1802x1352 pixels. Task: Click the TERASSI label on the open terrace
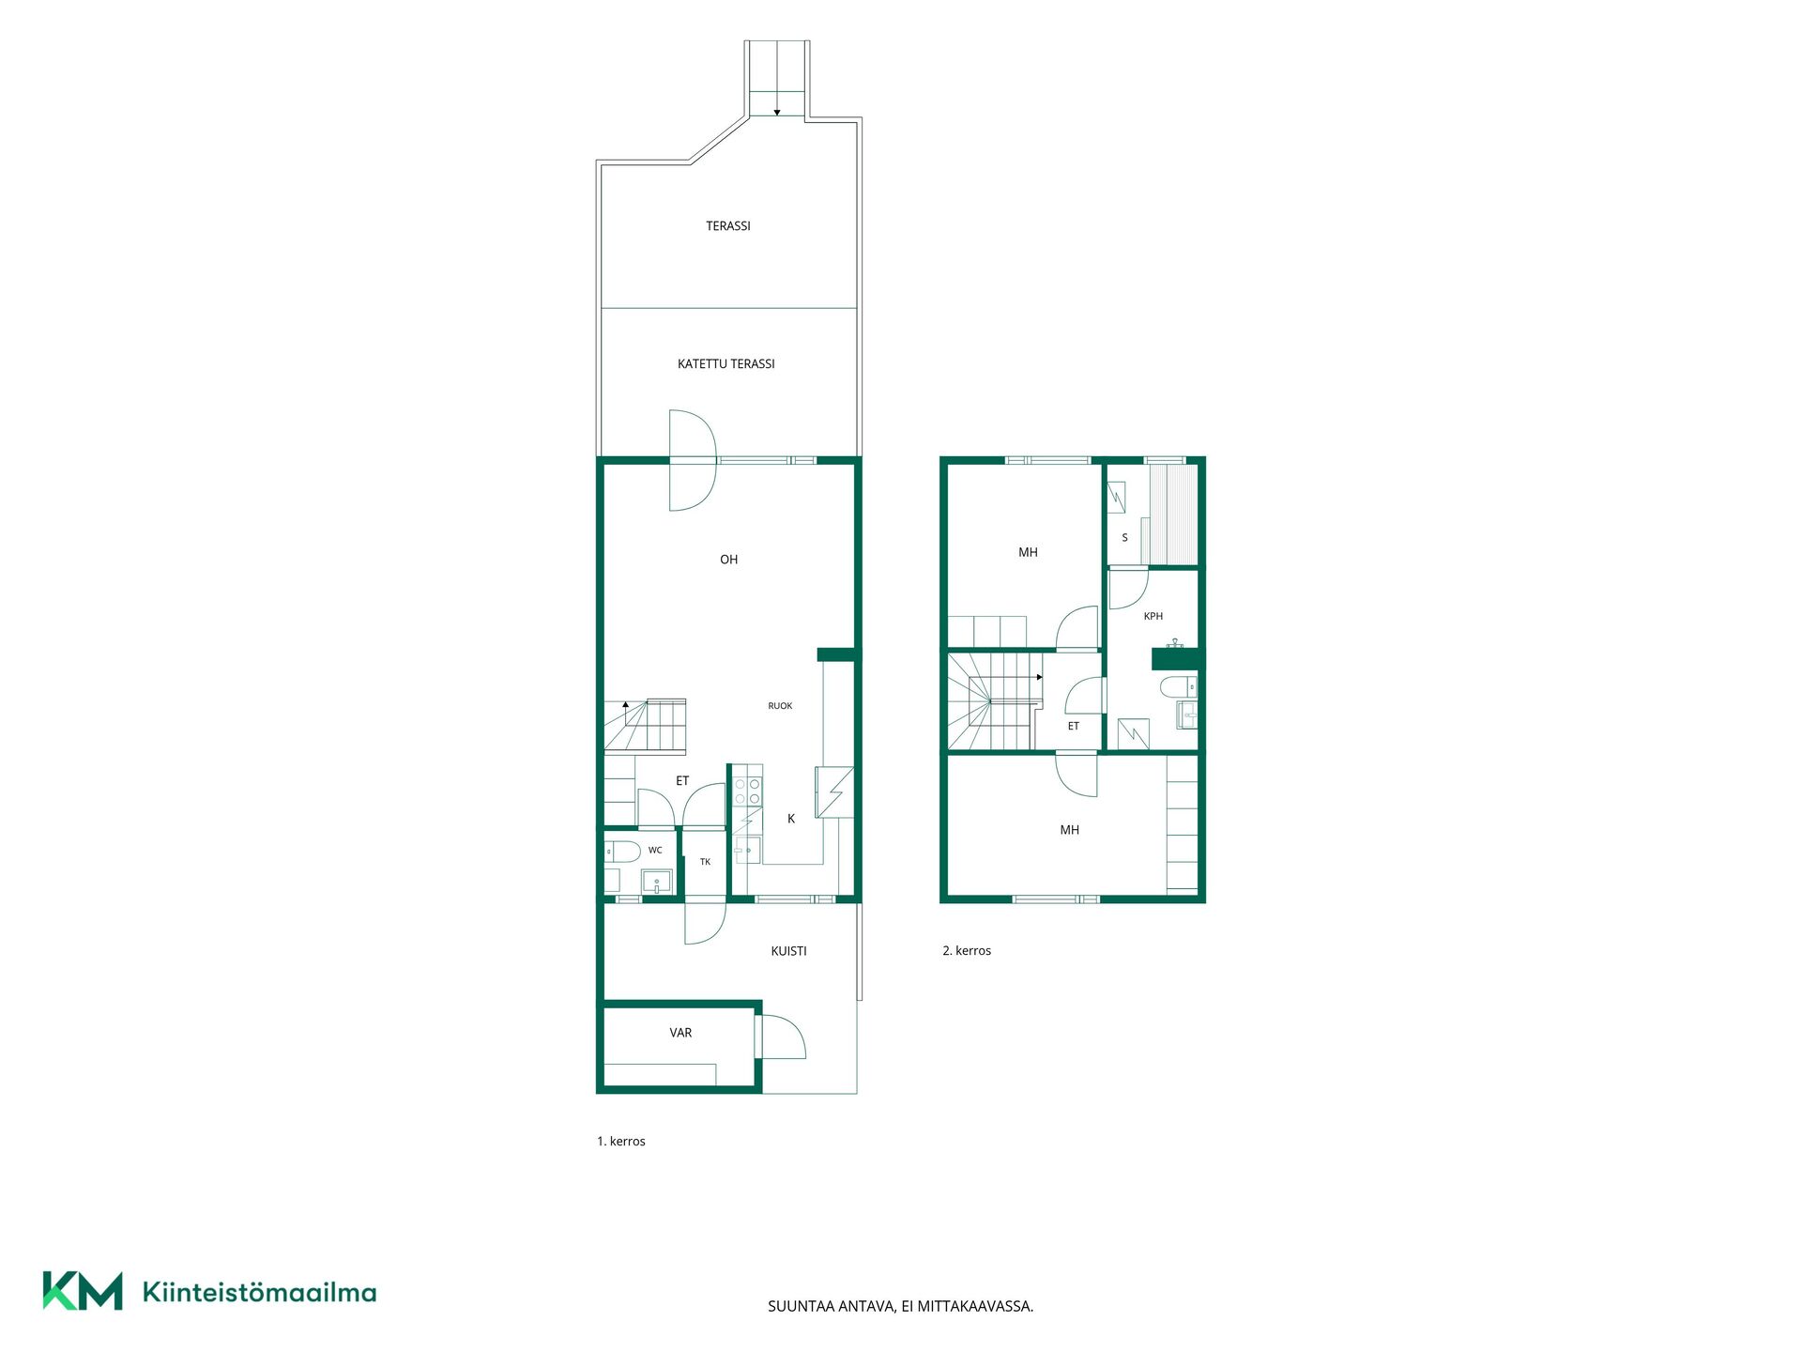pyautogui.click(x=728, y=226)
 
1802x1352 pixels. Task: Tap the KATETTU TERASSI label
pyautogui.click(x=726, y=364)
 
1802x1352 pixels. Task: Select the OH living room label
pyautogui.click(x=729, y=560)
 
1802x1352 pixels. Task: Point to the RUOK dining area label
pyautogui.click(x=780, y=706)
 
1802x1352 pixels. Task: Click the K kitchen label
pyautogui.click(x=791, y=819)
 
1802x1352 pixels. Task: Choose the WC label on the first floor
pyautogui.click(x=655, y=851)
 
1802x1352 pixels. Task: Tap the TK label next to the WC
pyautogui.click(x=705, y=862)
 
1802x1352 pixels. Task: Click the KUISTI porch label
pyautogui.click(x=788, y=951)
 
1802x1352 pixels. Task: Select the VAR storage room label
pyautogui.click(x=680, y=1033)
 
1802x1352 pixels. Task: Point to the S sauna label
pyautogui.click(x=1124, y=538)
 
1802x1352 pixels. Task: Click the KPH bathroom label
pyautogui.click(x=1153, y=617)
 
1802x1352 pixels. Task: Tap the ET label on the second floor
pyautogui.click(x=1074, y=727)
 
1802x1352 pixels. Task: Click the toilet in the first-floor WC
pyautogui.click(x=621, y=852)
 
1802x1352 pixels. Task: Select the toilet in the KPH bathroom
pyautogui.click(x=1179, y=686)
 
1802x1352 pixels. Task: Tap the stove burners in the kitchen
pyautogui.click(x=748, y=791)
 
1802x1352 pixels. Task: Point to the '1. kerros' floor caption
pyautogui.click(x=621, y=1142)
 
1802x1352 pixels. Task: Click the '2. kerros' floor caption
pyautogui.click(x=967, y=951)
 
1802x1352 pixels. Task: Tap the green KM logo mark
pyautogui.click(x=83, y=1291)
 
